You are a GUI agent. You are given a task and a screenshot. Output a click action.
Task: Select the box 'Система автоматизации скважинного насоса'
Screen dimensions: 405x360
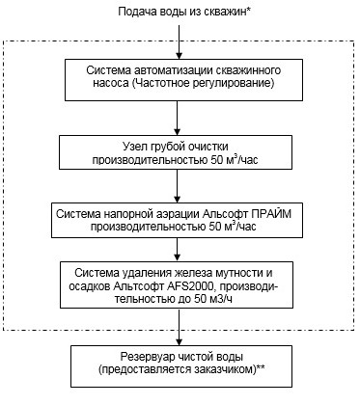pos(179,77)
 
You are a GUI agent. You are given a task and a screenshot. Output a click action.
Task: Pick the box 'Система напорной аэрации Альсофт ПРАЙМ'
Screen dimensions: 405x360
pos(179,219)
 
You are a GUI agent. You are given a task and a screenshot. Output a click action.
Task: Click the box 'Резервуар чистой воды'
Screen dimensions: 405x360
pos(179,364)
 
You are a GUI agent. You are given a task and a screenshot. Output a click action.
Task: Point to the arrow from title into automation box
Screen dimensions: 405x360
pos(179,43)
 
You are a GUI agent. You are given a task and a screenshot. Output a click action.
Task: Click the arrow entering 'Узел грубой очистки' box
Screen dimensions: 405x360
pos(179,117)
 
